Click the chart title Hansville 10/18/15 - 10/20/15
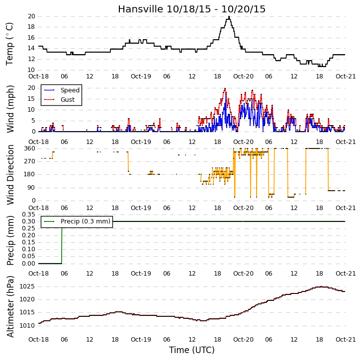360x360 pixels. pyautogui.click(x=192, y=9)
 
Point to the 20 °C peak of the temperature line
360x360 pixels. pyautogui.click(x=229, y=17)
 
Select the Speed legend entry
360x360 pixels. pyautogui.click(x=62, y=90)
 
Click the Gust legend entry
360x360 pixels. pyautogui.click(x=60, y=100)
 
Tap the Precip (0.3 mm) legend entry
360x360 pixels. pyautogui.click(x=77, y=221)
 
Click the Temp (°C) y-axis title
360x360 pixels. pyautogui.click(x=9, y=44)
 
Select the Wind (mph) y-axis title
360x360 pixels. pyautogui.click(x=10, y=109)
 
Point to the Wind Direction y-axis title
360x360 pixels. pyautogui.click(x=10, y=175)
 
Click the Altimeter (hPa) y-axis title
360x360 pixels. pyautogui.click(x=10, y=306)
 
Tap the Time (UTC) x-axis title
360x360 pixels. pyautogui.click(x=192, y=350)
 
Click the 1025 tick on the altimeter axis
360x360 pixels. pyautogui.click(x=27, y=287)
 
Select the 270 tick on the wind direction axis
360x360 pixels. pyautogui.click(x=30, y=161)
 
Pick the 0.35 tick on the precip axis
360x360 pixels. pyautogui.click(x=28, y=215)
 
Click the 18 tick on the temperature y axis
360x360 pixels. pyautogui.click(x=31, y=27)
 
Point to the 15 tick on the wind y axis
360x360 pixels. pyautogui.click(x=31, y=99)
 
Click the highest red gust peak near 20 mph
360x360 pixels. pyautogui.click(x=225, y=88)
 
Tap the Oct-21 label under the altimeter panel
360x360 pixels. pyautogui.click(x=346, y=339)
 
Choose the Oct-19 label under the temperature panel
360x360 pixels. pyautogui.click(x=141, y=76)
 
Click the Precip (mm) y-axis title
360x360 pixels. pyautogui.click(x=10, y=241)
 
